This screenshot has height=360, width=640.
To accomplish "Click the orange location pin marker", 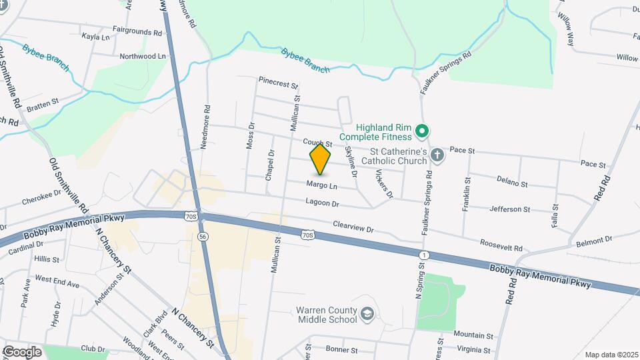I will [x=321, y=159].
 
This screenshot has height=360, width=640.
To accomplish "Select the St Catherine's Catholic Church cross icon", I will [x=437, y=155].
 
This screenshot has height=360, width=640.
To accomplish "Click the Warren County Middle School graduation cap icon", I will [x=367, y=314].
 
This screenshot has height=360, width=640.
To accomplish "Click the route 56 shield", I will [x=202, y=236].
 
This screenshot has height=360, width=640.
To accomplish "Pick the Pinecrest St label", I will [x=278, y=85].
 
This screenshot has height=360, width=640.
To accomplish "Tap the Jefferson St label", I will [x=509, y=209].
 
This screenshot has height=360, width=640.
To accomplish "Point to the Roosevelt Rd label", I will [x=500, y=247].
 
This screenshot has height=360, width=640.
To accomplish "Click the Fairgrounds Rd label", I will [x=137, y=31].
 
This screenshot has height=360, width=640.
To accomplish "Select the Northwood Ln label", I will [x=142, y=57].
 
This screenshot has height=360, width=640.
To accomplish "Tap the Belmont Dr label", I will [x=593, y=239].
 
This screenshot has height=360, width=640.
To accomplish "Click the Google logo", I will [x=22, y=351].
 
